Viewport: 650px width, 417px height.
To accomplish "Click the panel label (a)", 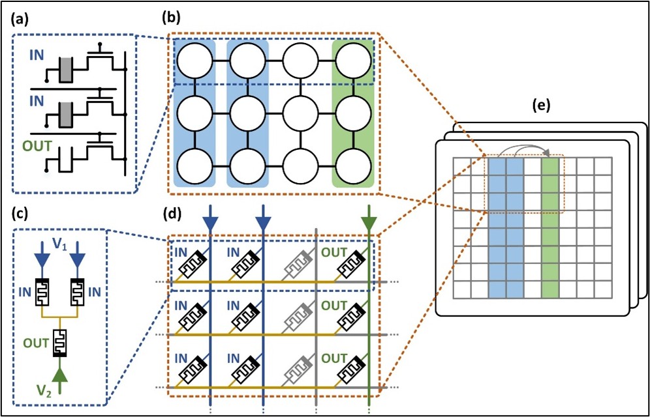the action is pos(21,20).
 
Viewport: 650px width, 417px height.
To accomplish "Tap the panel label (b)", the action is pos(171,20).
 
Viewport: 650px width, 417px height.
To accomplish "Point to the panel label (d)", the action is pos(171,214).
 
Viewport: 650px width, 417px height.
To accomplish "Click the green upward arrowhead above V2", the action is pos(61,376).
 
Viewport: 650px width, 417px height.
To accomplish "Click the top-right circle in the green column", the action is pos(353,60).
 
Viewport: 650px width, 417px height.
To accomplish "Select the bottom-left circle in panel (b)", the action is pos(194,166).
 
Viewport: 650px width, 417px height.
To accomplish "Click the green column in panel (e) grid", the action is pos(550,227).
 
